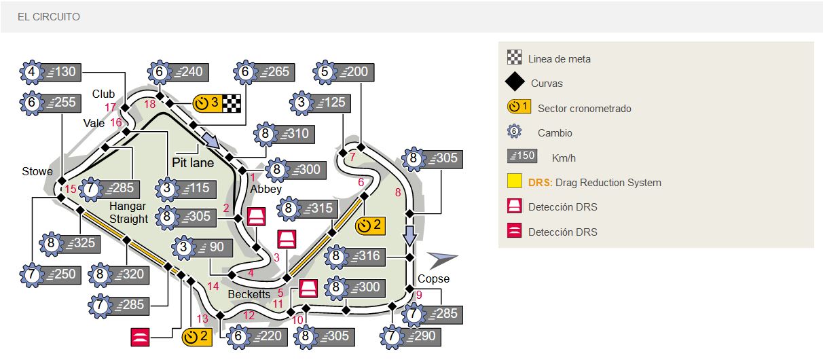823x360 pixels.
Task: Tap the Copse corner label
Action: [x=433, y=278]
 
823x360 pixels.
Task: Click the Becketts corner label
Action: [x=249, y=295]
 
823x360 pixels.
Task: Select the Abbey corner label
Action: [x=266, y=190]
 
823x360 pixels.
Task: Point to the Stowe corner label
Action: [x=37, y=172]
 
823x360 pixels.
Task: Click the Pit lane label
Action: [x=192, y=163]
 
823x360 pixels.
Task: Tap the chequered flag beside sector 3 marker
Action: [x=232, y=103]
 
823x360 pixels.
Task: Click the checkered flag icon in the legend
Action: [x=514, y=58]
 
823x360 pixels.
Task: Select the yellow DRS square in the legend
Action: [x=515, y=182]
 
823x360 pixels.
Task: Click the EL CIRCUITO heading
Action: [x=49, y=16]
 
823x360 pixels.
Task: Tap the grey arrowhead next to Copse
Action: [x=443, y=259]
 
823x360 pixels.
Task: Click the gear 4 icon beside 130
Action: [x=32, y=72]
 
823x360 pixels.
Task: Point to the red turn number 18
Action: [x=150, y=104]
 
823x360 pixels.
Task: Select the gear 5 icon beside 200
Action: [x=325, y=72]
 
